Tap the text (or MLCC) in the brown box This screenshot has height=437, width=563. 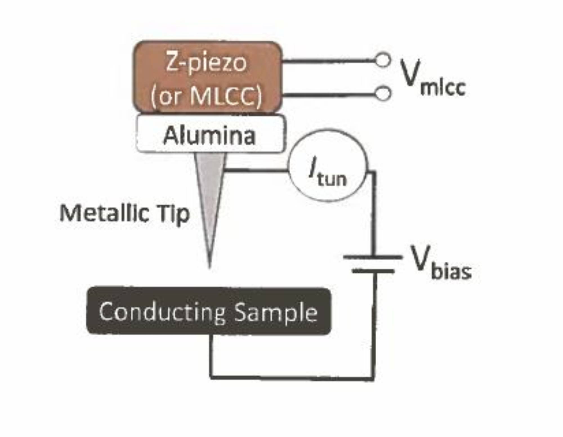[x=206, y=96]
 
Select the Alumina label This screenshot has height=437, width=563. [x=209, y=136]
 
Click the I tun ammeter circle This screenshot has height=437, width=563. [x=328, y=166]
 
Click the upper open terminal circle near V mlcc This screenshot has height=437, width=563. [x=383, y=60]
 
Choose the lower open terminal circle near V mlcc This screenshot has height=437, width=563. [x=383, y=93]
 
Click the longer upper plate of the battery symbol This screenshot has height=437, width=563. [x=373, y=257]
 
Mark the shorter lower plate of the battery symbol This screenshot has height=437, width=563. [x=373, y=271]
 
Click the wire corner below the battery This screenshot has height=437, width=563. [x=374, y=377]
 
